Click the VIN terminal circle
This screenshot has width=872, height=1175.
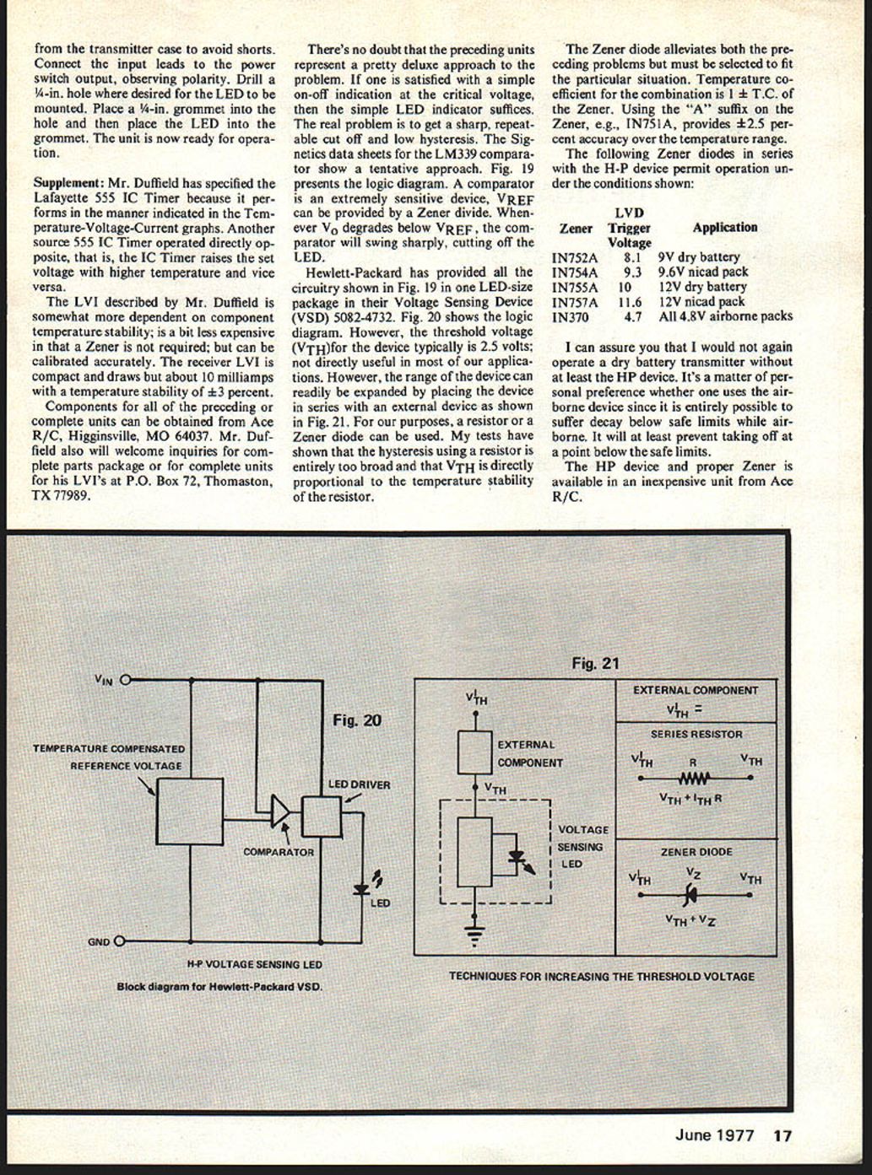(126, 680)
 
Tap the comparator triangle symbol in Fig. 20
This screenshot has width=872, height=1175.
(280, 811)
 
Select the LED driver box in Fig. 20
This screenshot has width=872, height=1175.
(322, 816)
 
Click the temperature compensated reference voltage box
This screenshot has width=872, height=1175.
(189, 811)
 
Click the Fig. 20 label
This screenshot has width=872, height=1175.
(356, 720)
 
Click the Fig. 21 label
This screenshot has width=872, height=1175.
(595, 663)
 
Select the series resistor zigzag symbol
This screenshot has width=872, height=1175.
(694, 779)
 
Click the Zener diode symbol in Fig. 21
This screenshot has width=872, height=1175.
(691, 895)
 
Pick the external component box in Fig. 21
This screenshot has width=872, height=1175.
(474, 752)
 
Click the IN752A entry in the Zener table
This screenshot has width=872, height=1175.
(574, 258)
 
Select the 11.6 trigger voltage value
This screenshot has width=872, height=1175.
(630, 302)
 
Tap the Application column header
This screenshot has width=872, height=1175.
(724, 228)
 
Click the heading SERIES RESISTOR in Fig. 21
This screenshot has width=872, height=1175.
(696, 734)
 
